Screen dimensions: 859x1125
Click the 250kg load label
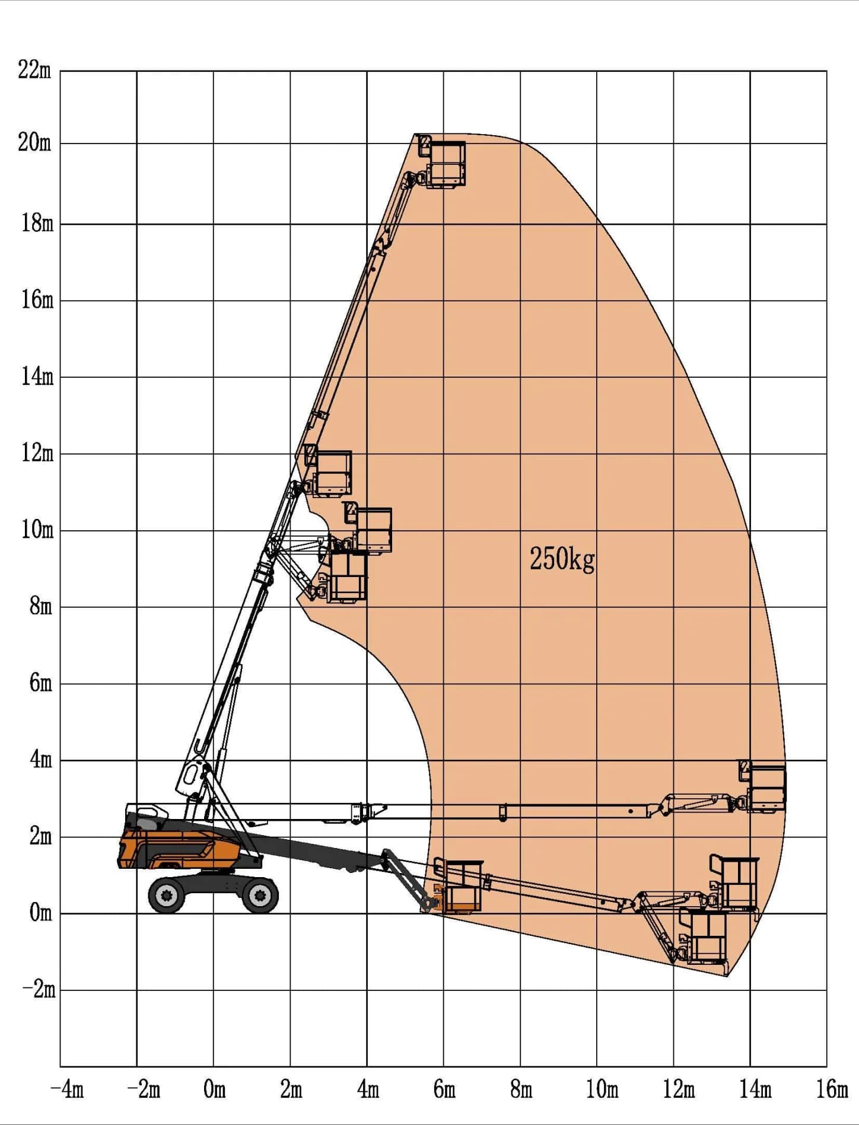point(562,559)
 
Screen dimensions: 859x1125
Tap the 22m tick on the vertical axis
point(34,70)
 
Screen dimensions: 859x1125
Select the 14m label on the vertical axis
point(37,376)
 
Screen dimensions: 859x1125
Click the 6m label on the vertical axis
point(41,683)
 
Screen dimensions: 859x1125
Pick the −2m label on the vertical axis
point(39,989)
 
